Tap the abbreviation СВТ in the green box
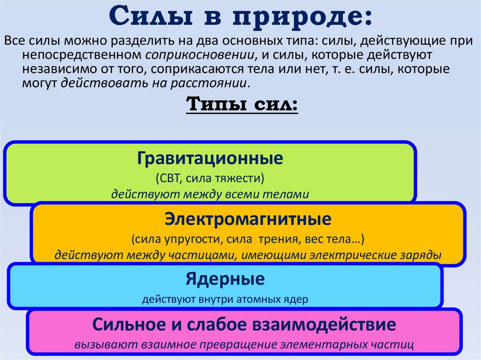click(x=169, y=178)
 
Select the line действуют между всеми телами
click(x=210, y=194)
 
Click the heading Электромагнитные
click(x=248, y=219)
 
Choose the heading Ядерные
click(x=225, y=280)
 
